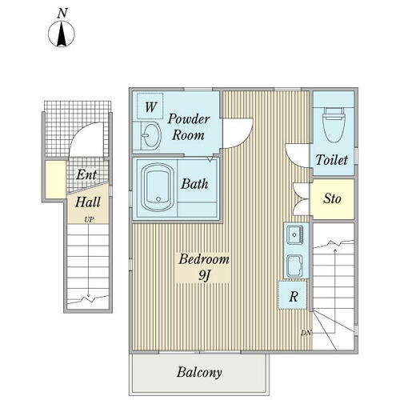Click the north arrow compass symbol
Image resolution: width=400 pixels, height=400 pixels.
pyautogui.click(x=62, y=34)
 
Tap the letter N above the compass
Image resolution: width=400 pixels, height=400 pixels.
pyautogui.click(x=62, y=13)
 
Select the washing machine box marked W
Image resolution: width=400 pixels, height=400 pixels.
pyautogui.click(x=150, y=106)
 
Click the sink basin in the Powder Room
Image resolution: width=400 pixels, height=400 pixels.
pyautogui.click(x=151, y=135)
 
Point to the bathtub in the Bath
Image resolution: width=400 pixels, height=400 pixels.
pyautogui.click(x=157, y=187)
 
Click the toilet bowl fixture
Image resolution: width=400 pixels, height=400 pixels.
pyautogui.click(x=332, y=123)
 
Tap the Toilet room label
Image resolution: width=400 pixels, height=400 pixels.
pyautogui.click(x=332, y=160)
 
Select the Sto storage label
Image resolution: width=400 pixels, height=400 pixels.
pyautogui.click(x=332, y=198)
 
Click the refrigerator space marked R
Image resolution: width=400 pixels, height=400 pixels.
pyautogui.click(x=293, y=295)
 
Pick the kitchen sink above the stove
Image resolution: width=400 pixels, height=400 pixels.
pyautogui.click(x=295, y=235)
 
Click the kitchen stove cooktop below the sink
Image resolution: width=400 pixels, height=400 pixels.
pyautogui.click(x=295, y=266)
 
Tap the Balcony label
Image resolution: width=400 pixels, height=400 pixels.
pyautogui.click(x=199, y=373)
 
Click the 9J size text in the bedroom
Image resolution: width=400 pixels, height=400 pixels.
pyautogui.click(x=204, y=275)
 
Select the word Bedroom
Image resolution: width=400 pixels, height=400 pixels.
pyautogui.click(x=204, y=259)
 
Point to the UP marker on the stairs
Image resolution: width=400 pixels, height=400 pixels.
pyautogui.click(x=89, y=220)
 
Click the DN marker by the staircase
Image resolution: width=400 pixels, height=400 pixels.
pyautogui.click(x=306, y=333)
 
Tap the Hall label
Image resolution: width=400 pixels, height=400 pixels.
pyautogui.click(x=88, y=202)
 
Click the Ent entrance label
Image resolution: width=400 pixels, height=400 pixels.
pyautogui.click(x=86, y=174)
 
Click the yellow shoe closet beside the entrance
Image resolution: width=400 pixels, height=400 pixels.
pyautogui.click(x=55, y=179)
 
